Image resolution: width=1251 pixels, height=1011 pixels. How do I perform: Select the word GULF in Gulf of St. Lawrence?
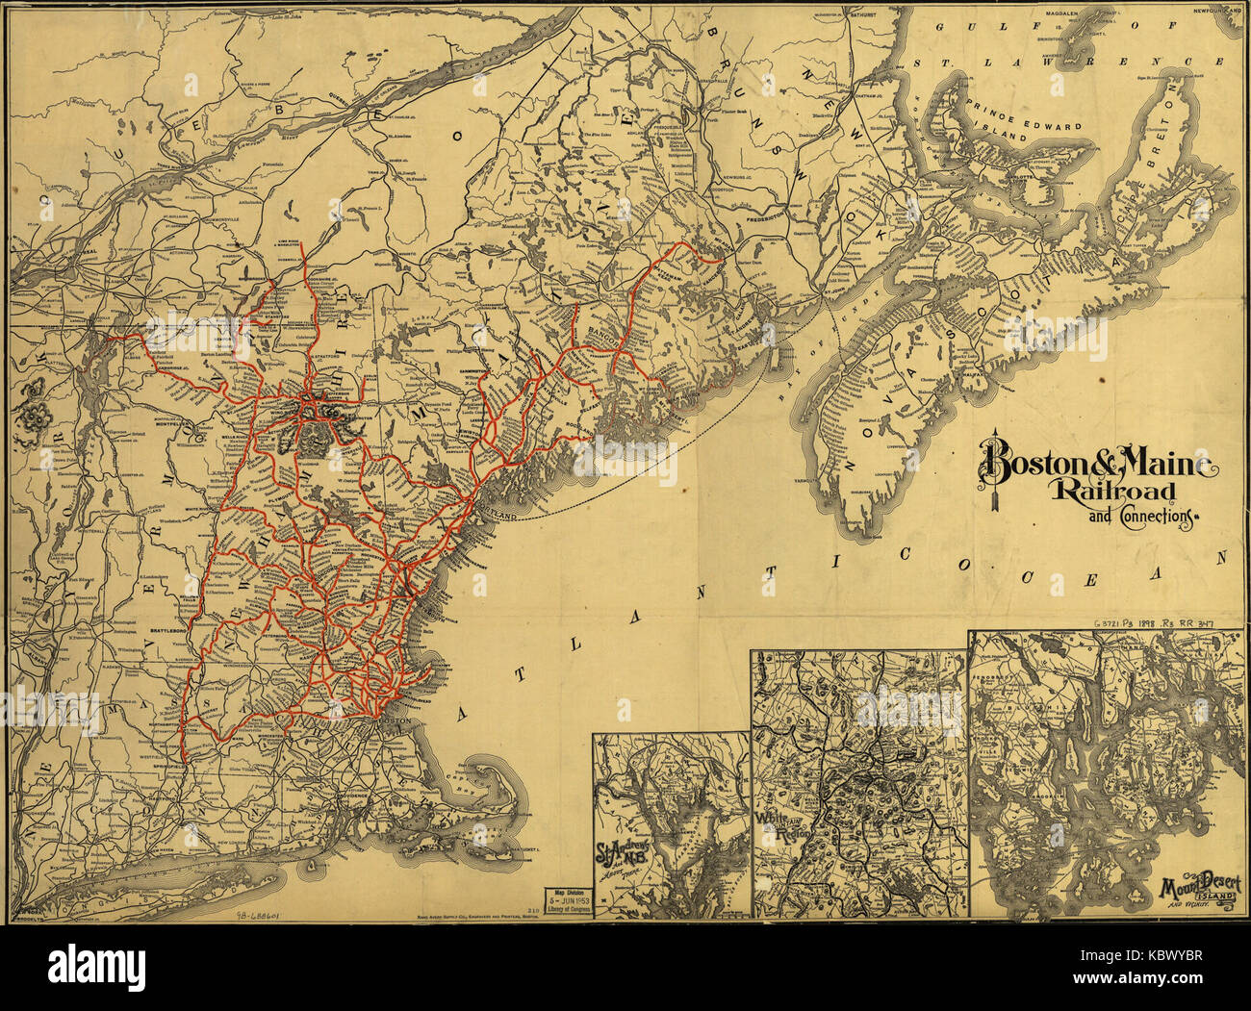[965, 30]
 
